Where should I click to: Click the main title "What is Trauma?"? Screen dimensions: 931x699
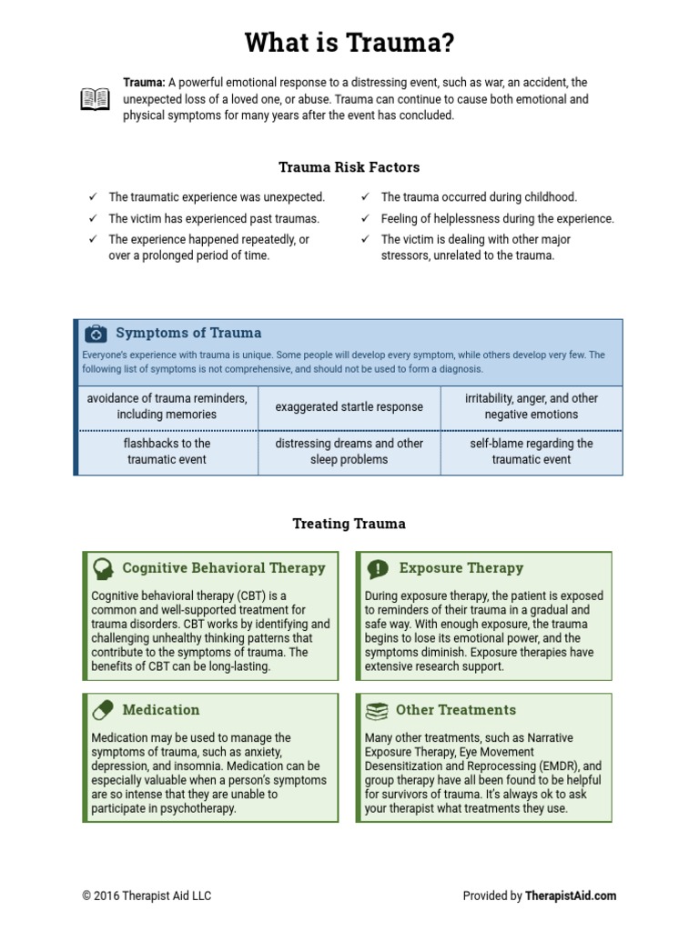click(349, 43)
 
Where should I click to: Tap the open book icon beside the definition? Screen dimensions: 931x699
click(95, 99)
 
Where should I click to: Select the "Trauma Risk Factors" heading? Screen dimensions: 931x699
click(349, 167)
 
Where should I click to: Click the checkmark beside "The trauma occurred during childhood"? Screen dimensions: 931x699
click(365, 196)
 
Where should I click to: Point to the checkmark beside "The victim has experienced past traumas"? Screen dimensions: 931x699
click(92, 218)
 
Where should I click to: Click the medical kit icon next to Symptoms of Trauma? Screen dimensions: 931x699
click(96, 334)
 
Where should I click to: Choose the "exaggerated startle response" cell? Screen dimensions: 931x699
click(349, 406)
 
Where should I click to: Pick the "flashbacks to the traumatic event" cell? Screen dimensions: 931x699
click(167, 451)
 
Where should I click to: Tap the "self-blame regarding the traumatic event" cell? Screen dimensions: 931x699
click(532, 451)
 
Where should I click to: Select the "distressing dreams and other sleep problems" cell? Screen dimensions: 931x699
click(349, 451)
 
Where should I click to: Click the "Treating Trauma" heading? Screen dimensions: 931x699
click(349, 524)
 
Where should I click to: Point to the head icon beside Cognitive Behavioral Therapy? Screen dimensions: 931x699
click(103, 569)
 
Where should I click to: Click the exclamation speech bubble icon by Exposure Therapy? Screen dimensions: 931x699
click(377, 569)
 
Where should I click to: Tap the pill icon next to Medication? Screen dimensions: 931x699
click(103, 710)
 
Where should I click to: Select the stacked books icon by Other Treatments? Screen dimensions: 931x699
click(376, 710)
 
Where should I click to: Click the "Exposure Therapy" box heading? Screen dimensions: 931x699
click(461, 568)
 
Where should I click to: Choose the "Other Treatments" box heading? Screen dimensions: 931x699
click(456, 710)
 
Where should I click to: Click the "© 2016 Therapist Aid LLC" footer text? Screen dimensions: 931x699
click(147, 896)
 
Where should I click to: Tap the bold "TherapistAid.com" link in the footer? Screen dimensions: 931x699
click(571, 896)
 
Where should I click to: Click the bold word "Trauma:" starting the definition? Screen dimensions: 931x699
click(144, 83)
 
